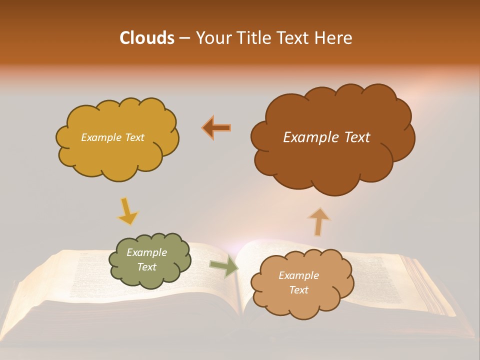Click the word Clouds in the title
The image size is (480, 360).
pyautogui.click(x=146, y=38)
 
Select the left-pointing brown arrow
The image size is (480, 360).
pyautogui.click(x=216, y=128)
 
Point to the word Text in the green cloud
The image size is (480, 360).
pyautogui.click(x=146, y=267)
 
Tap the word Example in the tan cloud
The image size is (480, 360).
pyautogui.click(x=298, y=275)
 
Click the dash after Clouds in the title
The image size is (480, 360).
pyautogui.click(x=184, y=38)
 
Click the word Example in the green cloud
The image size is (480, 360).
pyautogui.click(x=146, y=252)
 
